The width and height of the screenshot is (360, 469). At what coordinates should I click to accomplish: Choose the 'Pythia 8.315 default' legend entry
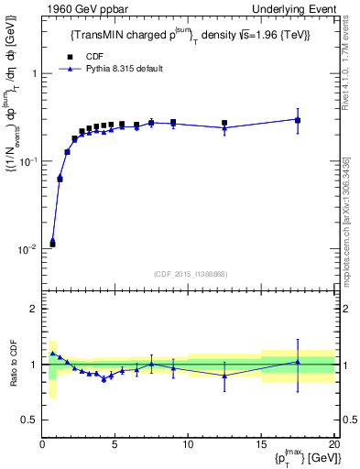(119, 69)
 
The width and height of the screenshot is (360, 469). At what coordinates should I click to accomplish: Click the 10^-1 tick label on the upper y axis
(29, 162)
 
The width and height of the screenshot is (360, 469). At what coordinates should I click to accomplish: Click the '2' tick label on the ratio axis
(35, 310)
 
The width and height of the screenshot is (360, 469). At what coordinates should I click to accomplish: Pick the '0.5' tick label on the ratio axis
(30, 420)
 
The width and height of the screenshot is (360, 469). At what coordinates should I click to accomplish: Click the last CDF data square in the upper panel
(298, 120)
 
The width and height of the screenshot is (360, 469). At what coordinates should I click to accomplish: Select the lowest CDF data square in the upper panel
(52, 244)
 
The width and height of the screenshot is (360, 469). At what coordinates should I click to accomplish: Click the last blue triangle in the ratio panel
(298, 362)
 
